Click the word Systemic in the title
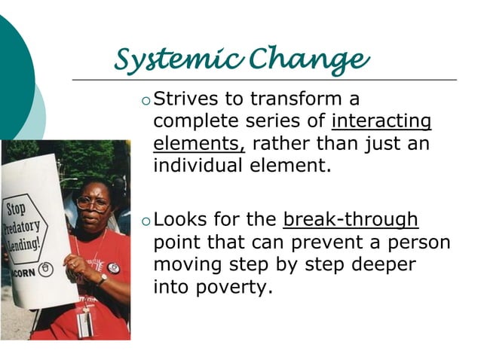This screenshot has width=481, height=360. [x=179, y=59]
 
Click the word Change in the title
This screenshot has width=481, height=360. [x=310, y=59]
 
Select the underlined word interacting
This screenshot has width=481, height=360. [x=381, y=121]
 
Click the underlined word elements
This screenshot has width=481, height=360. [x=199, y=143]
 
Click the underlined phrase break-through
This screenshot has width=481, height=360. [x=350, y=220]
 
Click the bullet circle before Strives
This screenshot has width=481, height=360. [x=146, y=100]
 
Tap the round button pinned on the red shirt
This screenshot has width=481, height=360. [x=114, y=267]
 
